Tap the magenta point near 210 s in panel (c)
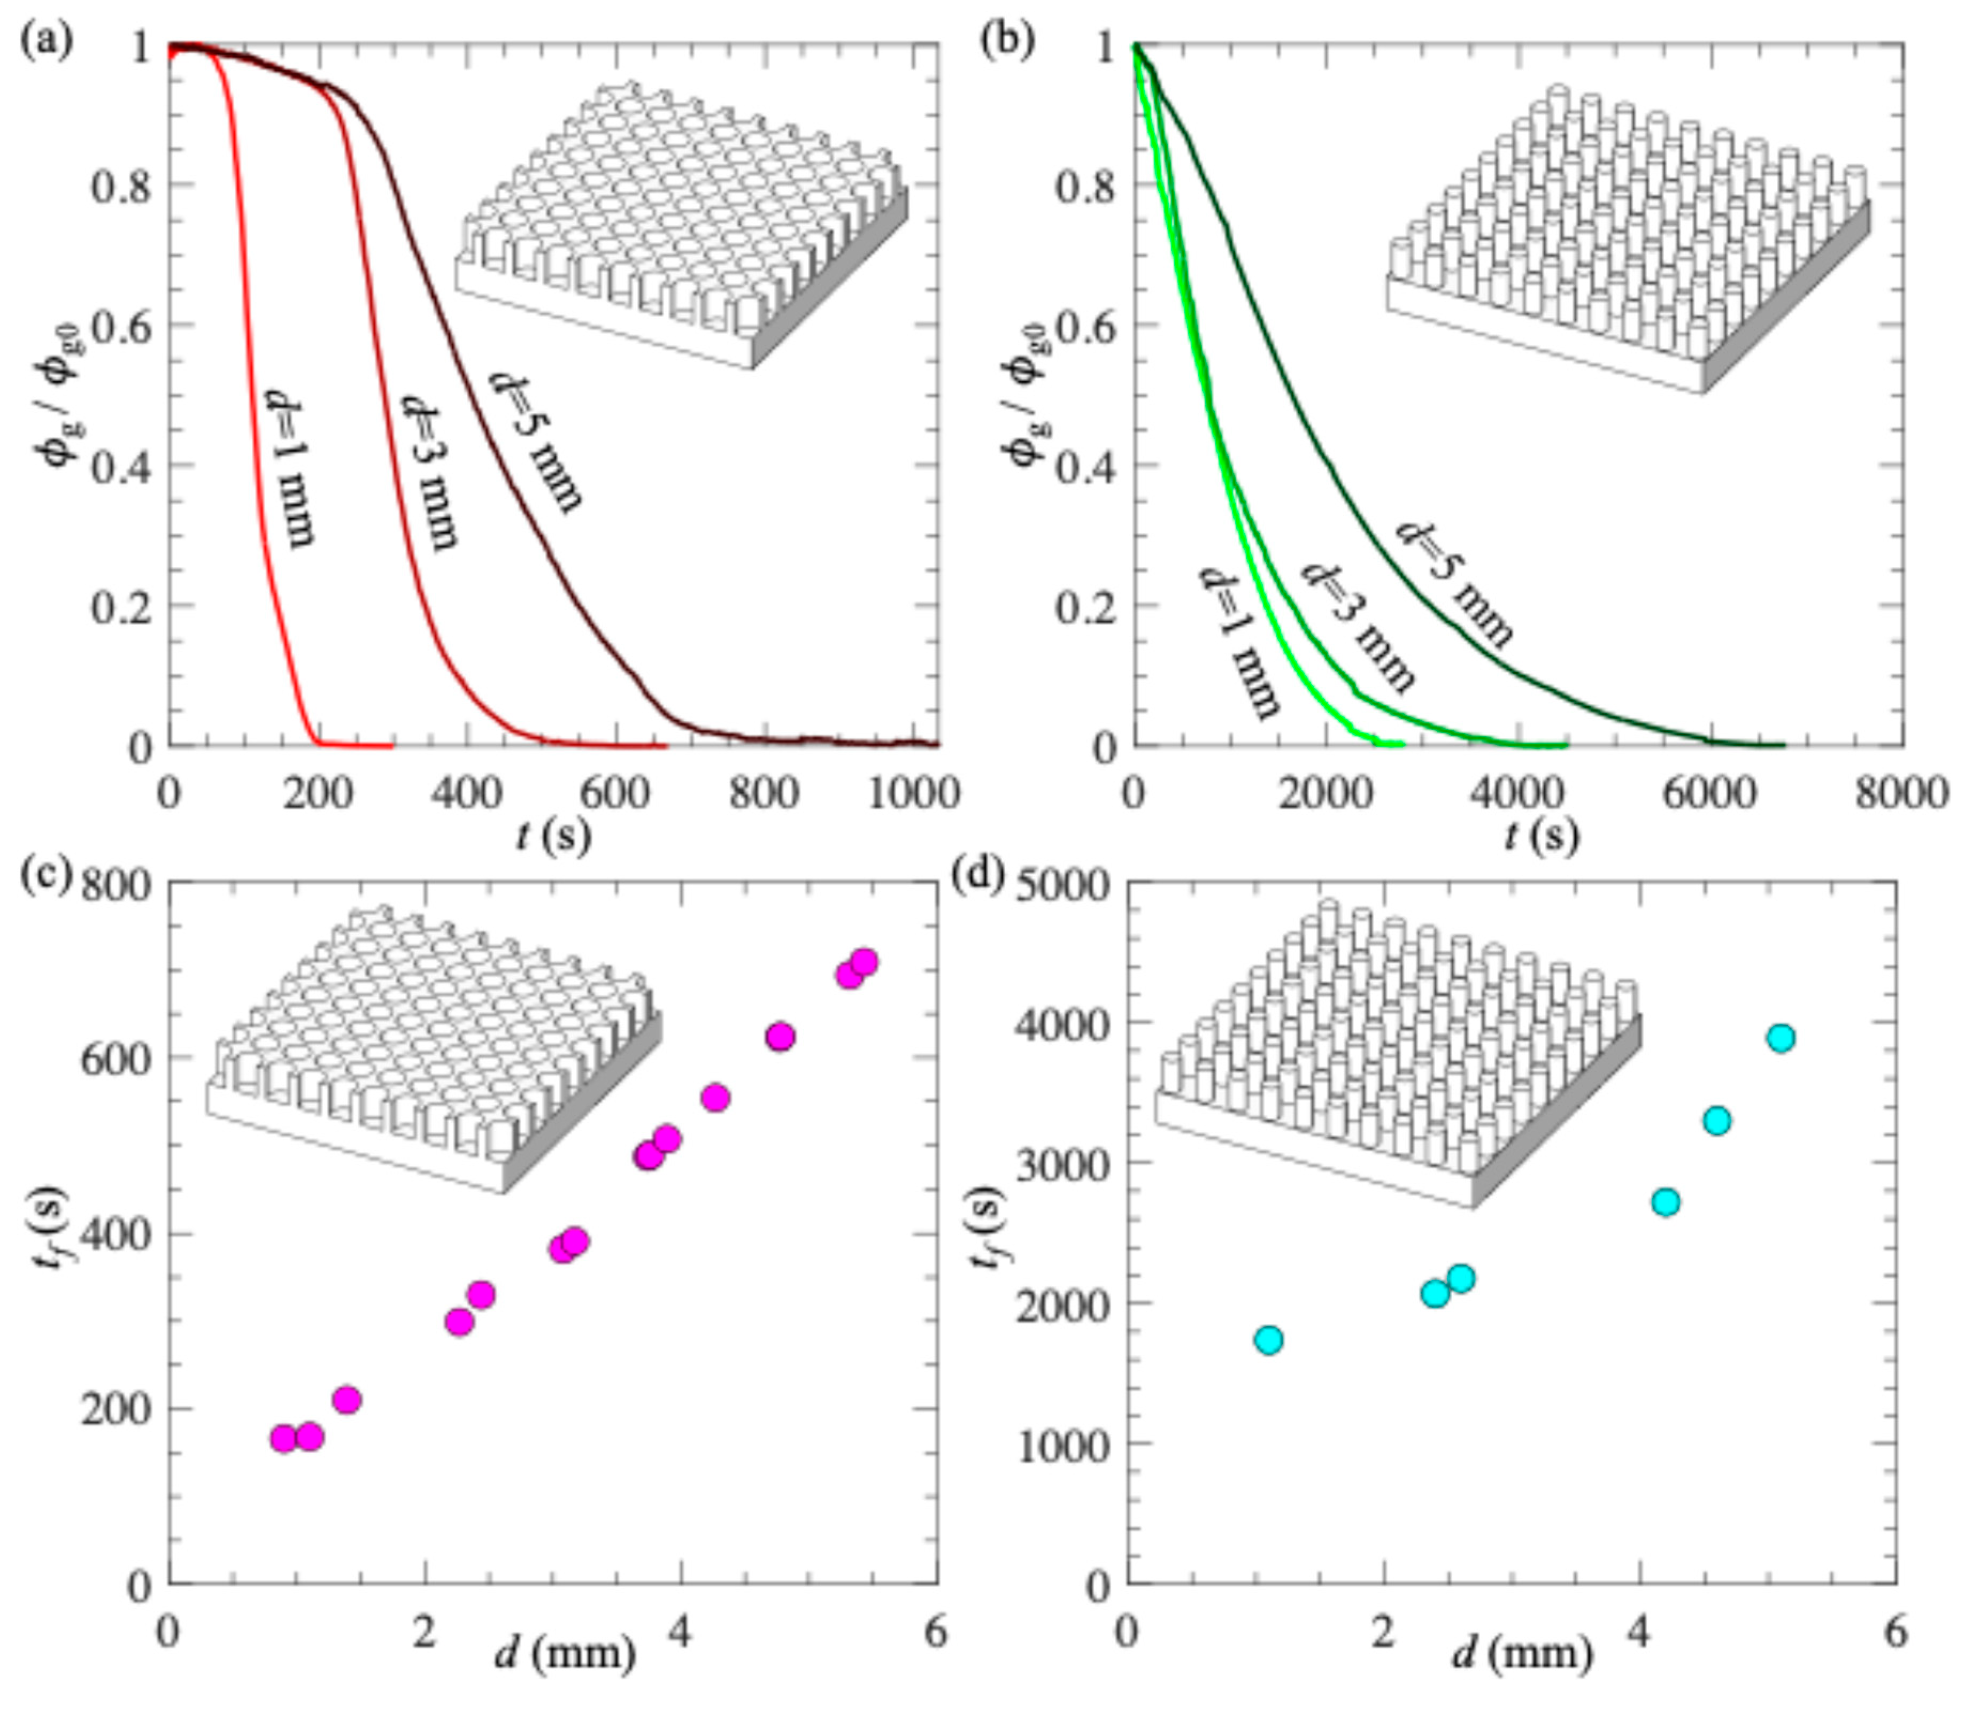[346, 1399]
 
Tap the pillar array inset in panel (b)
[1628, 240]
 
